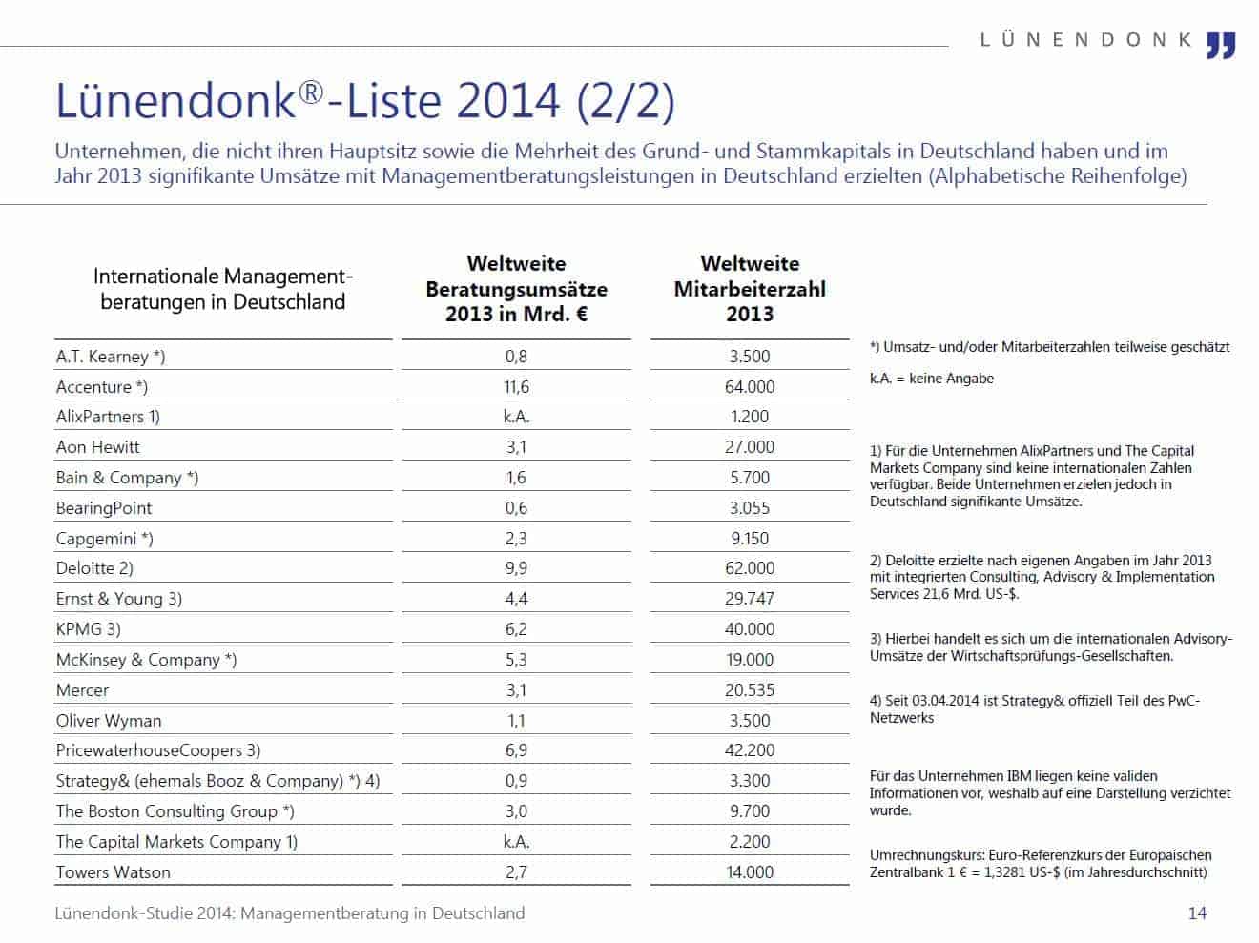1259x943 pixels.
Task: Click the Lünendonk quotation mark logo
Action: pos(1221,44)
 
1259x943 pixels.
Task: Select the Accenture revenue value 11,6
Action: pos(516,386)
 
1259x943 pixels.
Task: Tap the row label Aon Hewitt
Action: pos(97,447)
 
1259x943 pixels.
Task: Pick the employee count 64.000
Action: pos(750,386)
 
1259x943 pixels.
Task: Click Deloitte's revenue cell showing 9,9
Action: pos(516,568)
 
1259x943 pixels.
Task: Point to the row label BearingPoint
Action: pos(104,508)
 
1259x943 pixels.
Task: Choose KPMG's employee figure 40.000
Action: pos(750,629)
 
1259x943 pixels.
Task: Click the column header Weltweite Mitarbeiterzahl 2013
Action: pos(750,288)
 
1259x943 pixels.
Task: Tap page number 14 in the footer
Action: pos(1197,913)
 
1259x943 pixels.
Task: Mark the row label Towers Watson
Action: pos(113,872)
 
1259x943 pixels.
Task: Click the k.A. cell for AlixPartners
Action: pos(516,417)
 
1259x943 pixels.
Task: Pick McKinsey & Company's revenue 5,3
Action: pos(516,660)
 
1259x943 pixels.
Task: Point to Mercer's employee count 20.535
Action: pos(750,690)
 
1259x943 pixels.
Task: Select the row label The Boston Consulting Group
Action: pos(175,811)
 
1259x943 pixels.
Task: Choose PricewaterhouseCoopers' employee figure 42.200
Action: pos(750,750)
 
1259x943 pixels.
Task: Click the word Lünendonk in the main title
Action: pos(176,102)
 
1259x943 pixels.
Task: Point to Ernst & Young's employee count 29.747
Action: pos(750,599)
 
